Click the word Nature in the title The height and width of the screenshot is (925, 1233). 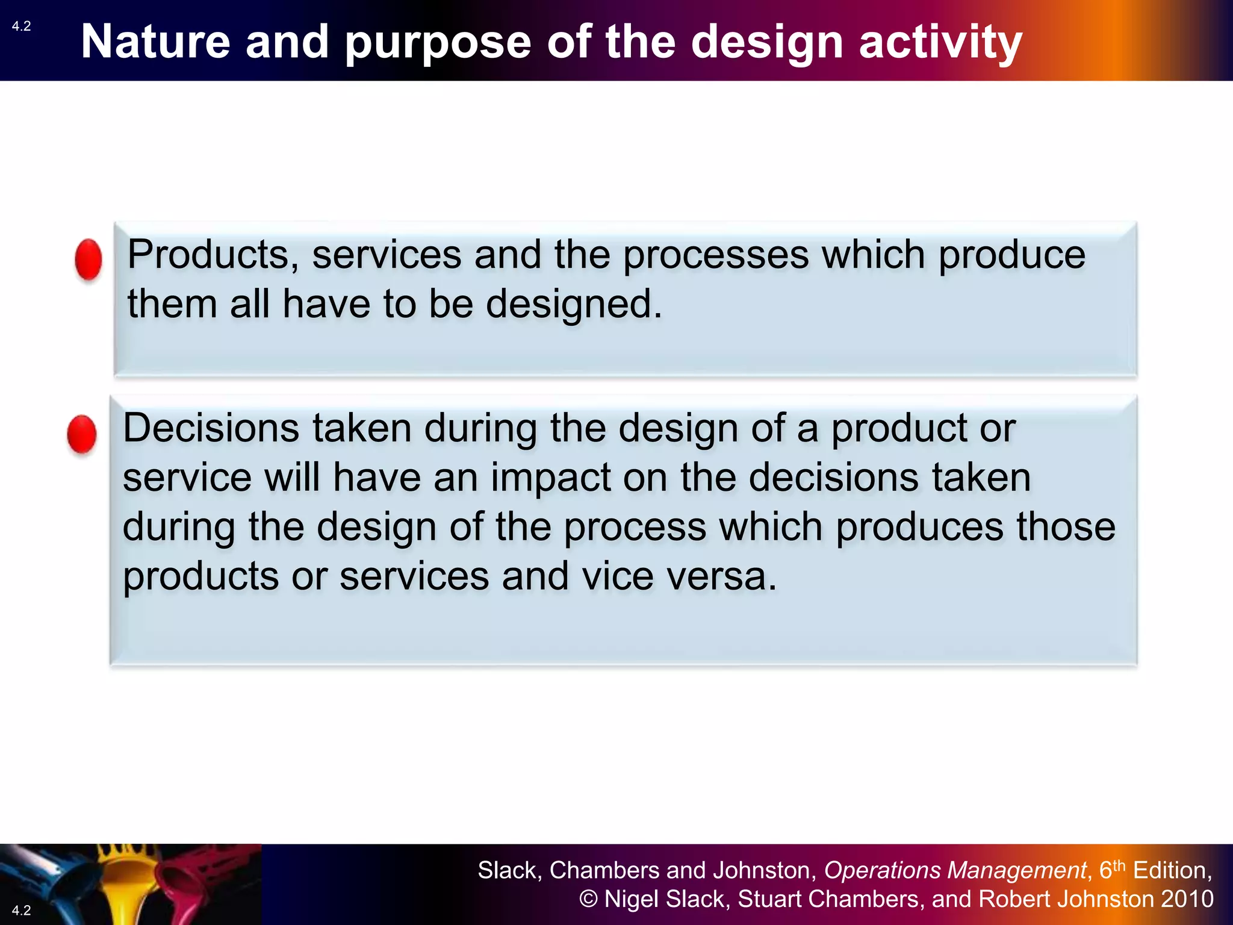tap(155, 42)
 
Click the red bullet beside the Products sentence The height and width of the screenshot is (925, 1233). tap(89, 260)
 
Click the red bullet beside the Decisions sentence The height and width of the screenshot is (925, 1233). tap(82, 434)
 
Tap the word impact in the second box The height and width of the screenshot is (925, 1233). tap(549, 478)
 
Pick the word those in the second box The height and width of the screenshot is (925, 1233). tap(1066, 528)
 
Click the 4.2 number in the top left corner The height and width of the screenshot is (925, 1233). tap(21, 26)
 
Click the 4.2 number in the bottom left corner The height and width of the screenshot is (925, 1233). tap(21, 910)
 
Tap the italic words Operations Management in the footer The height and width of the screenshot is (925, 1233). tap(955, 871)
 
